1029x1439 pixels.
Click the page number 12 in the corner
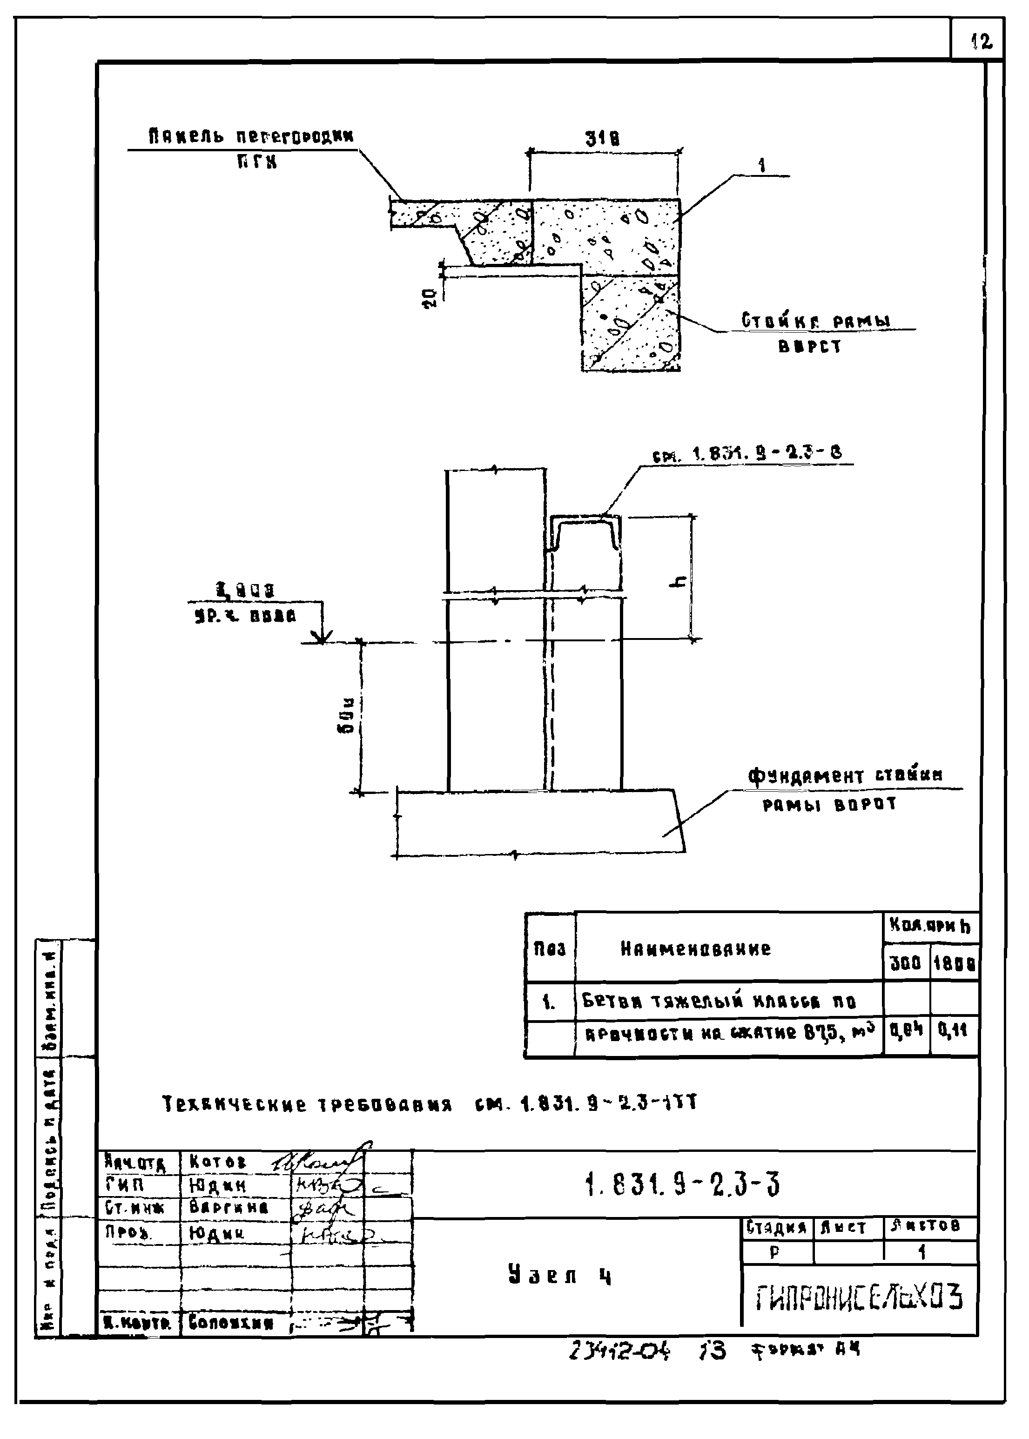[981, 42]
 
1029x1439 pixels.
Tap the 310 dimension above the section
[602, 139]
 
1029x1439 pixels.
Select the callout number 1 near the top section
[761, 166]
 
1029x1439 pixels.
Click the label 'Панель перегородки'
[251, 137]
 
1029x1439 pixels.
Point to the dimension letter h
[679, 580]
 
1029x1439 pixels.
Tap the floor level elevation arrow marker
[321, 636]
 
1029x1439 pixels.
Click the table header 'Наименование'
[695, 948]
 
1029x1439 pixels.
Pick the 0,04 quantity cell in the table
[906, 1029]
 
